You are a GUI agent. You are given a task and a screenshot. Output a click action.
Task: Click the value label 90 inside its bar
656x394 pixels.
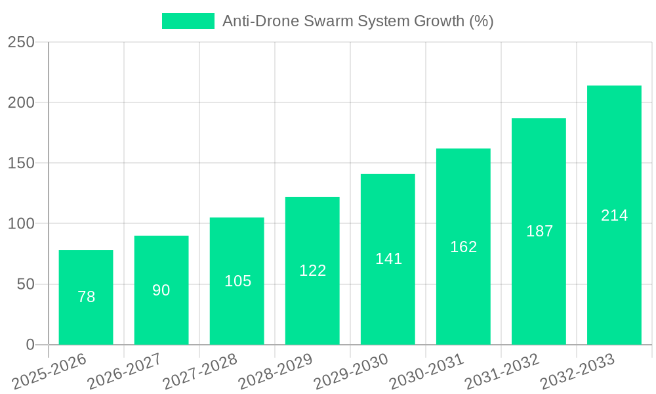[x=161, y=290]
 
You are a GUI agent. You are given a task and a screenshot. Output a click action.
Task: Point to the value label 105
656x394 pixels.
[x=237, y=281]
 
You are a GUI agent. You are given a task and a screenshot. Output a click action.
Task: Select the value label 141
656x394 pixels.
[x=388, y=259]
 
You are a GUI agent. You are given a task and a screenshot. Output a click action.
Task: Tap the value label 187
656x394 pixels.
[x=539, y=231]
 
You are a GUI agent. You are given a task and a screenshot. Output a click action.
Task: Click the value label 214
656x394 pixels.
[x=614, y=215]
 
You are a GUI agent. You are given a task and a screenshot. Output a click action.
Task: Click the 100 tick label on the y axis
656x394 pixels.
[x=21, y=224]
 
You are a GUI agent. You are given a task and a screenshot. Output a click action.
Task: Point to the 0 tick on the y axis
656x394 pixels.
[x=30, y=345]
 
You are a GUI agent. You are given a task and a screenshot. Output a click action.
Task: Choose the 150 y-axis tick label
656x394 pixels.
[x=21, y=164]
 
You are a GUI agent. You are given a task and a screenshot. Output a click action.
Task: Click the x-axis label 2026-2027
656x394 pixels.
[x=125, y=372]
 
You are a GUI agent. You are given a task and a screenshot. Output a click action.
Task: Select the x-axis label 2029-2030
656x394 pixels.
[x=351, y=372]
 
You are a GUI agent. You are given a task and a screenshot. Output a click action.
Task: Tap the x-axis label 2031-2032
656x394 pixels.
[x=502, y=372]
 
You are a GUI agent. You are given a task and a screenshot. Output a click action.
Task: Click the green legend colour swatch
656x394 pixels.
[x=188, y=21]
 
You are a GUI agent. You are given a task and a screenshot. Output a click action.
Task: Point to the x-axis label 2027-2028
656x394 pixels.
[x=200, y=372]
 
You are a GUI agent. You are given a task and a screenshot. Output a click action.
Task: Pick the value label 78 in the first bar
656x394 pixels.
[x=86, y=297]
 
